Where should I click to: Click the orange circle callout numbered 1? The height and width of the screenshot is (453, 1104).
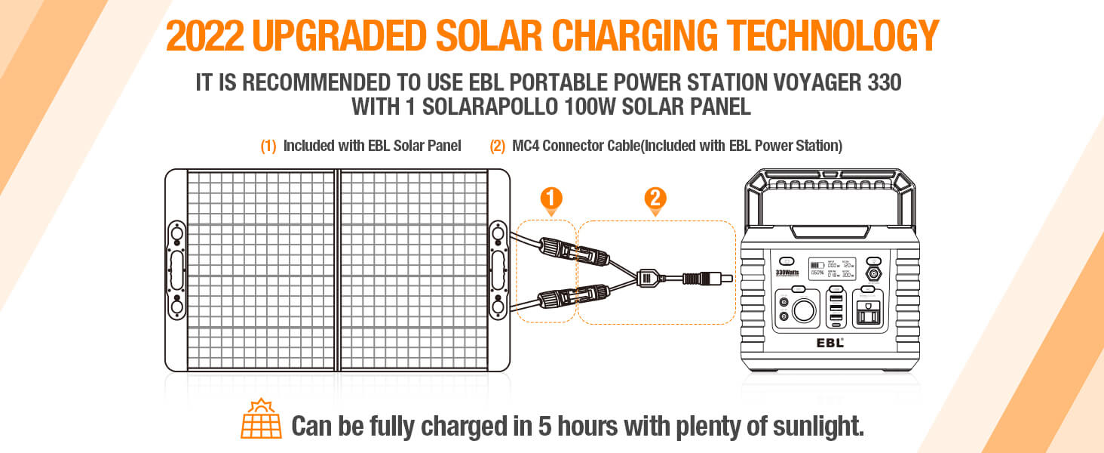(x=552, y=199)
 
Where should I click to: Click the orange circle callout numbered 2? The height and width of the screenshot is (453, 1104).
(x=655, y=199)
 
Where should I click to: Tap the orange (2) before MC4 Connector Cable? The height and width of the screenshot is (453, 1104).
(x=497, y=146)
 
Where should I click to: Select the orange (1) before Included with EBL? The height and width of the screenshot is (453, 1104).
(x=268, y=146)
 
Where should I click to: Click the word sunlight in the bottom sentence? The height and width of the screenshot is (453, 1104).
(x=819, y=427)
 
